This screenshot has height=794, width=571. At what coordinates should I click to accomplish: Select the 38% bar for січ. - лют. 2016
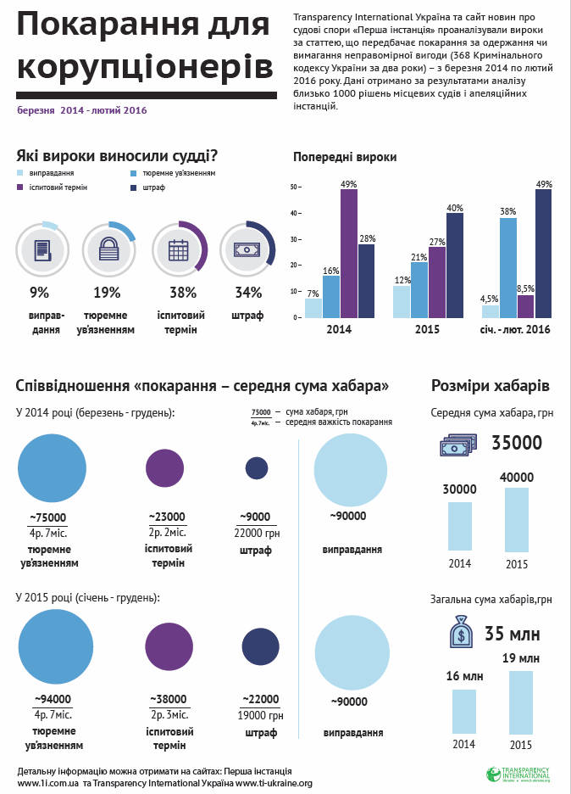pyautogui.click(x=508, y=267)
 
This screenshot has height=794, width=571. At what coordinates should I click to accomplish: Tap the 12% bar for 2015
pyautogui.click(x=402, y=301)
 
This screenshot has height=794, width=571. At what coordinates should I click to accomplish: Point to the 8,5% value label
pyautogui.click(x=525, y=288)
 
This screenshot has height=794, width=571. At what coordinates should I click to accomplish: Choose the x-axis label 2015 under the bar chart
pyautogui.click(x=426, y=328)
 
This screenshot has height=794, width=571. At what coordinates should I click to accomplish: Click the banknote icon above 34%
pyautogui.click(x=247, y=249)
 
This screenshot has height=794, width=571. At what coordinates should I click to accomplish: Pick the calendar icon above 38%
pyautogui.click(x=178, y=249)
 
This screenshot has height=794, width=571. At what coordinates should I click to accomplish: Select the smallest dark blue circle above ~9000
pyautogui.click(x=257, y=467)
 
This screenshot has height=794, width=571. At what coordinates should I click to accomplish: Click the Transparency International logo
pyautogui.click(x=519, y=774)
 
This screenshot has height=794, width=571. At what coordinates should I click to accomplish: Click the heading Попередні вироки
pyautogui.click(x=345, y=158)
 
